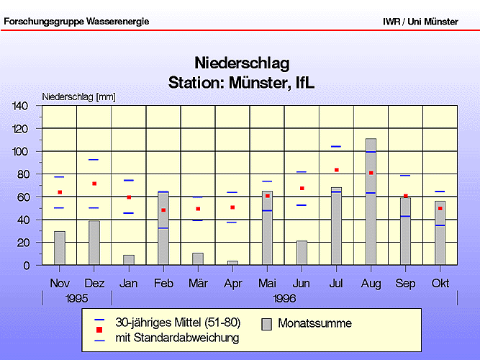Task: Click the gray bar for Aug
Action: tap(371, 202)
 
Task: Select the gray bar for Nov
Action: tap(60, 248)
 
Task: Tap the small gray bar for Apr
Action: tap(232, 263)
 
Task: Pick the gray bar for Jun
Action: tap(302, 253)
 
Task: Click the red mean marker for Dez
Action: tap(94, 184)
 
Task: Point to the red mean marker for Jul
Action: tap(336, 170)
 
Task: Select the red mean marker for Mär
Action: tap(198, 209)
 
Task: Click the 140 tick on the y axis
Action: tap(20, 106)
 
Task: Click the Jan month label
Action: tap(129, 284)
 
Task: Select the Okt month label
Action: tap(440, 284)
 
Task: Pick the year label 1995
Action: tap(76, 298)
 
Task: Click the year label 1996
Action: tap(284, 298)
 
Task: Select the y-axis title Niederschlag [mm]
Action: tap(78, 96)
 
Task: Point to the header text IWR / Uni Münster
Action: tap(420, 22)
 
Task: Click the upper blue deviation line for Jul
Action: tap(336, 146)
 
